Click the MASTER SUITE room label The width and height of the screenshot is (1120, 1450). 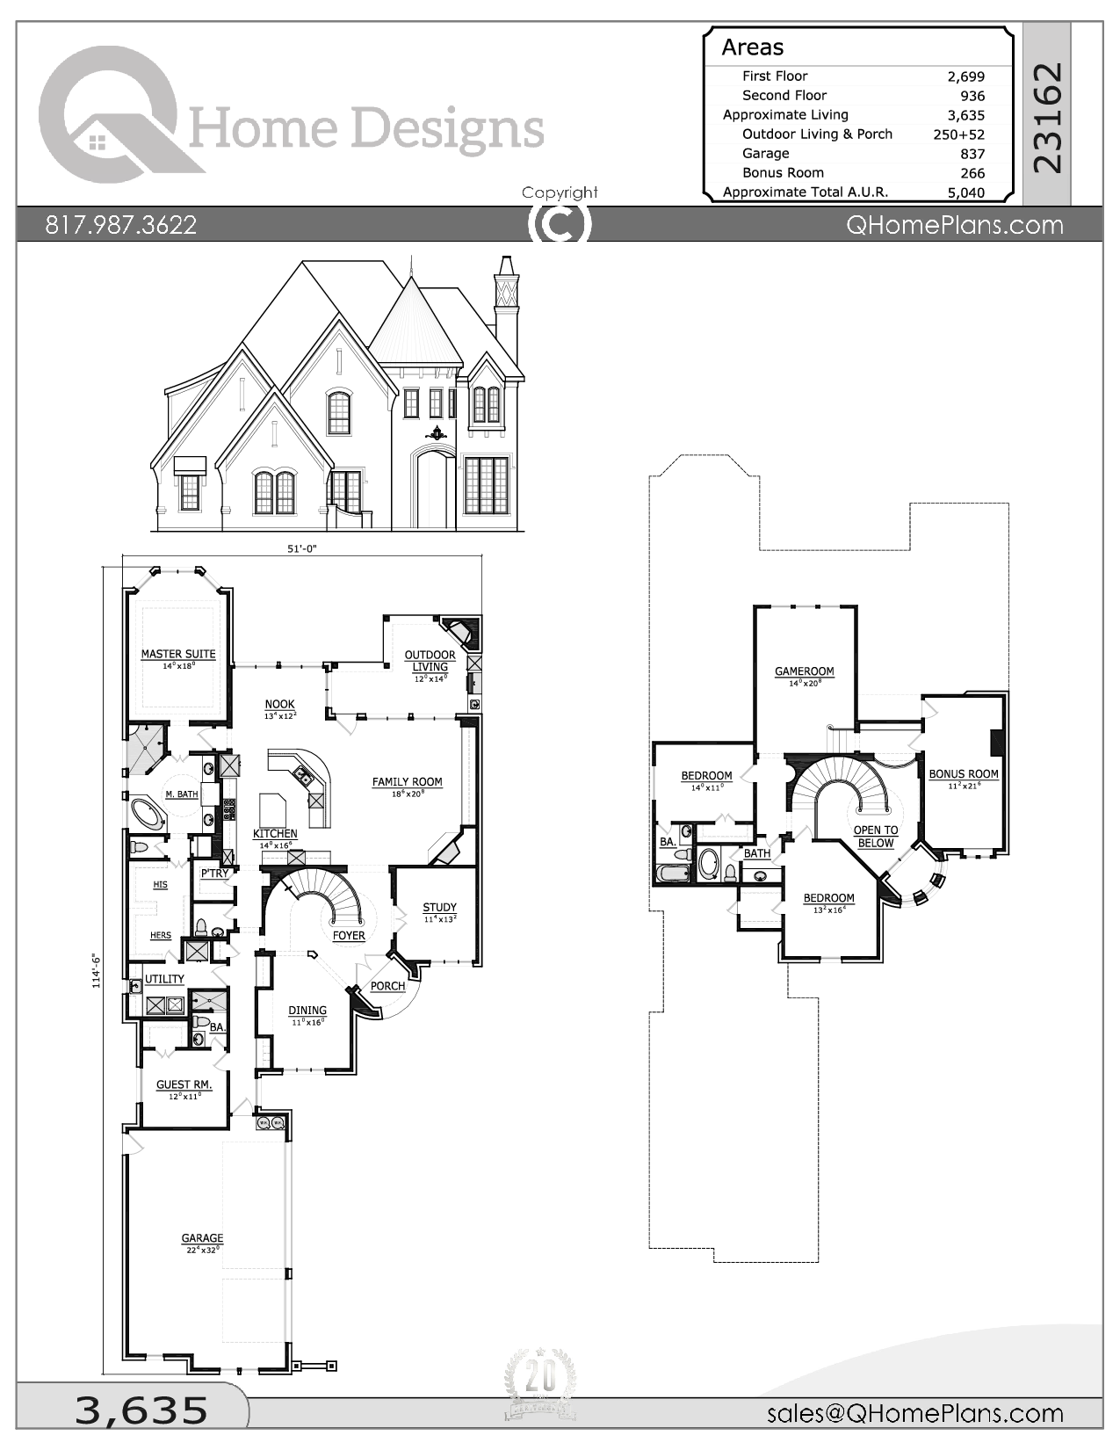(x=178, y=654)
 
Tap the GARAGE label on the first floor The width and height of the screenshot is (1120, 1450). (x=202, y=1238)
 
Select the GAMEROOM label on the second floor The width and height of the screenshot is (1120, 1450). (x=804, y=671)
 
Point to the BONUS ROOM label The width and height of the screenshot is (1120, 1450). (x=964, y=774)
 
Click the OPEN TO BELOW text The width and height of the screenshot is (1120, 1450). (x=876, y=837)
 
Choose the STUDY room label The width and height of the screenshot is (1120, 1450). (x=439, y=908)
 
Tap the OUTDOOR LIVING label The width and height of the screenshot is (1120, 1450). (x=430, y=661)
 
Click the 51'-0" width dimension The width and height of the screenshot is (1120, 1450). (x=301, y=548)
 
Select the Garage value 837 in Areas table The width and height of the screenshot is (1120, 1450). (x=972, y=154)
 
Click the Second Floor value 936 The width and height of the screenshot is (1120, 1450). (x=972, y=96)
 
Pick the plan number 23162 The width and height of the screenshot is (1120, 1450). (x=1048, y=116)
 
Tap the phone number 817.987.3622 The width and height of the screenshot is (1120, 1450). (x=121, y=225)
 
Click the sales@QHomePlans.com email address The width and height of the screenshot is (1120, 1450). (x=914, y=1413)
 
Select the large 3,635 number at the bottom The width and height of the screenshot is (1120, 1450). (x=141, y=1410)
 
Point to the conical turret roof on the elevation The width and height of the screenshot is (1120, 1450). (x=414, y=325)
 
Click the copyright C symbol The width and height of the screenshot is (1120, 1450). (x=560, y=224)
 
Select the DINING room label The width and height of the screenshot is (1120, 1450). (x=307, y=1011)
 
